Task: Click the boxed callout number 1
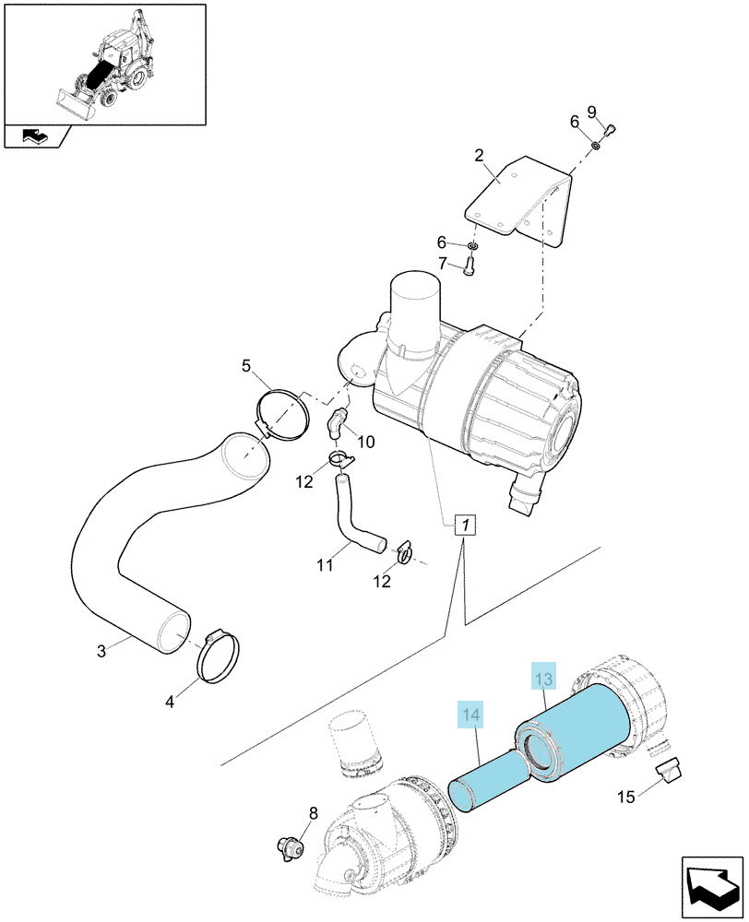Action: coord(466,525)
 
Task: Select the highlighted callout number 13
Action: coord(543,680)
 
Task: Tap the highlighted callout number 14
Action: coord(470,715)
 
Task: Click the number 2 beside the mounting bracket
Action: coord(479,155)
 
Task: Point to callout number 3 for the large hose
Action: coord(101,651)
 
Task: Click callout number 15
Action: coord(626,797)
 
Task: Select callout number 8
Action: coord(313,813)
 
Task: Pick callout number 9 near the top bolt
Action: coord(592,112)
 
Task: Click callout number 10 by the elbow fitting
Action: coord(366,442)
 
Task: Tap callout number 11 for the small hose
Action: coord(325,566)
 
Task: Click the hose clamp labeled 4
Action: coord(217,656)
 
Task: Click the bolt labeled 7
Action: coord(469,268)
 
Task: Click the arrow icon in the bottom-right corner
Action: coord(712,888)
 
